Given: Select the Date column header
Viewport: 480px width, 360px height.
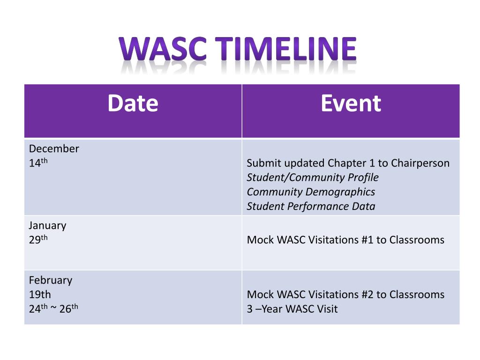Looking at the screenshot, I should point(133,104).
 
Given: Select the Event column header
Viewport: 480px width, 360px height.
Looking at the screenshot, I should point(351,104).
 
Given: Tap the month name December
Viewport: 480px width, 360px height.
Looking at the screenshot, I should point(54,149).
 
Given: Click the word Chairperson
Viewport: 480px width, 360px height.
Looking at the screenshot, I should point(420,163).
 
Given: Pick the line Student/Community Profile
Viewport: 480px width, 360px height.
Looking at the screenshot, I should point(313,178).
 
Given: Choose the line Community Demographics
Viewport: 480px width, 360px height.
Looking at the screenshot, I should point(311,192).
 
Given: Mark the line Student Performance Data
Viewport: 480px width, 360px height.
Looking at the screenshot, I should point(311,207).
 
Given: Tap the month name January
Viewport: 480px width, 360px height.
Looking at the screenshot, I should point(48,225).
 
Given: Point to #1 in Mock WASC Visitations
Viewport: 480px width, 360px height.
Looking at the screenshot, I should point(367,240).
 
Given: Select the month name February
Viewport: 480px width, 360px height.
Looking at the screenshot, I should point(51,280).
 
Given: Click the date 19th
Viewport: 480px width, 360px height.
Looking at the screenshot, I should point(40,295).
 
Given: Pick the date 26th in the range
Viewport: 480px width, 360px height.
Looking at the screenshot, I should point(68,308).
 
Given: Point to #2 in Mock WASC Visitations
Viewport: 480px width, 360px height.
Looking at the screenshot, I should point(367,295).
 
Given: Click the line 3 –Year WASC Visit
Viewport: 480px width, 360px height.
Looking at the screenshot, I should point(292,309).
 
